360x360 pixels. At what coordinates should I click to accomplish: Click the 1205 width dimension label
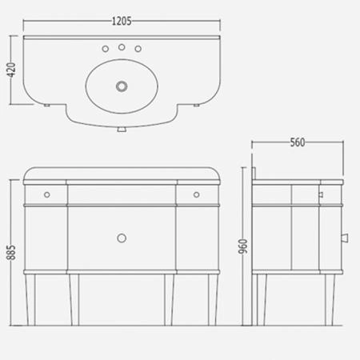coord(122,21)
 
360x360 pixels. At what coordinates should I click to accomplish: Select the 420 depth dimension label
coord(11,70)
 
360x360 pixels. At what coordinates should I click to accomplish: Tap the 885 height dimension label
coord(11,252)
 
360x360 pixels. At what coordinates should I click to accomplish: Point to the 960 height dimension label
coord(243,246)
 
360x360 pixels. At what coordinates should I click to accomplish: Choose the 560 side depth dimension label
coord(298,142)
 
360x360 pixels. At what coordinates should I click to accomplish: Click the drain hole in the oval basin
coord(122,86)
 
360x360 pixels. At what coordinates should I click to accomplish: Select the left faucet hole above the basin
coord(106,49)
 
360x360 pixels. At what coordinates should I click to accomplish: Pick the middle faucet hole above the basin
coord(122,47)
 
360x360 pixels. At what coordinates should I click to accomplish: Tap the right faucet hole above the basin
coord(138,49)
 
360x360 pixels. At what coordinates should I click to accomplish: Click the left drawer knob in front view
coord(47,194)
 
